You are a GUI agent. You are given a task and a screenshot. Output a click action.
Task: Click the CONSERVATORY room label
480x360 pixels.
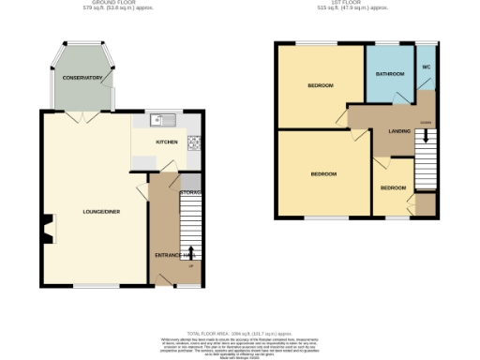point(82,78)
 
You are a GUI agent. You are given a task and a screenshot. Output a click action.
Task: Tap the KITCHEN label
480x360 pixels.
point(167,142)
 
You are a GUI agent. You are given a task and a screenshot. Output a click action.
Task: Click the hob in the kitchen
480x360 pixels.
point(194,142)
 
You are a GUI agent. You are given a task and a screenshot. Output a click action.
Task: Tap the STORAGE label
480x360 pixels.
point(189,193)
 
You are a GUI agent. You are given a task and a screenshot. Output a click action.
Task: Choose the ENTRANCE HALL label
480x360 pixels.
point(173,254)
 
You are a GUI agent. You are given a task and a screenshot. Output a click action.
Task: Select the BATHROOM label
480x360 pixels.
point(390,74)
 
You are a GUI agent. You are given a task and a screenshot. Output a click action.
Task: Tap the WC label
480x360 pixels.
point(426,67)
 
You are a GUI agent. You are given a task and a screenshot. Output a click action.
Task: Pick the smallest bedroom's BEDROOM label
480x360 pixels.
point(393,188)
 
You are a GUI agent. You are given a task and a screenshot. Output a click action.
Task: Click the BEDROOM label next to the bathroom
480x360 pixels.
point(321,85)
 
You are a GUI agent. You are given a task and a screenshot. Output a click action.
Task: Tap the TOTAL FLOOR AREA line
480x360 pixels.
point(239,334)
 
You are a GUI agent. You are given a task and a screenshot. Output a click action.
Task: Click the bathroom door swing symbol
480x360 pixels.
point(401,97)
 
